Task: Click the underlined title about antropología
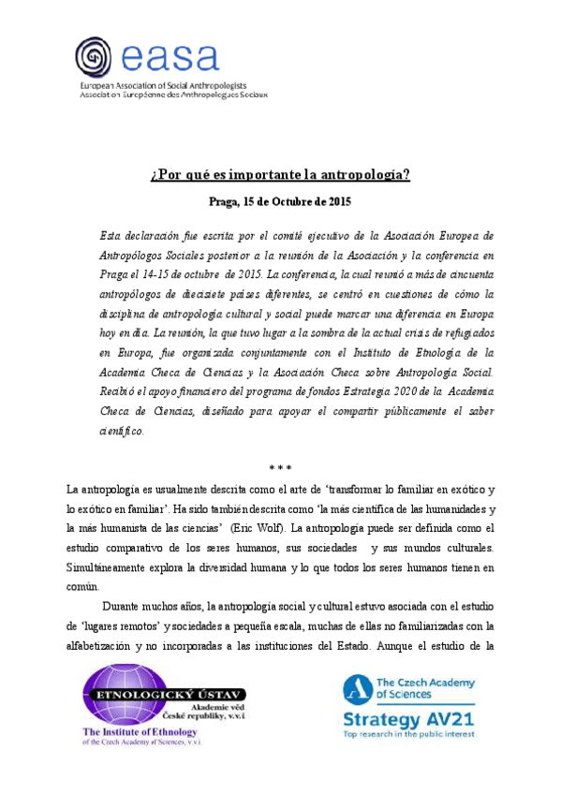coord(281,176)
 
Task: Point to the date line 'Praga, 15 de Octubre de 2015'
coord(281,201)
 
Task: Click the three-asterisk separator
coord(281,467)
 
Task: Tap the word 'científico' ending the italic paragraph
coord(122,431)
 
